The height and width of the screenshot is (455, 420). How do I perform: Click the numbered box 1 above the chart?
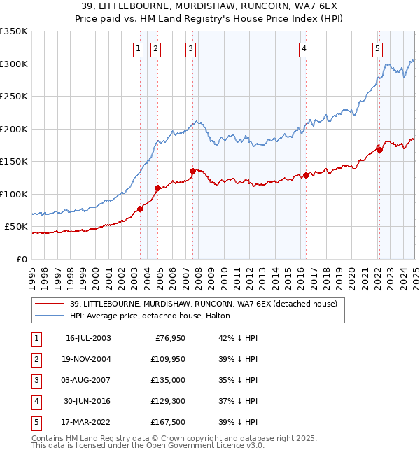click(x=137, y=48)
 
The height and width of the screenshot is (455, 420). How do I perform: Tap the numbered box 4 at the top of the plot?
click(x=304, y=48)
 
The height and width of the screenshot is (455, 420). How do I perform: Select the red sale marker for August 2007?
click(x=192, y=171)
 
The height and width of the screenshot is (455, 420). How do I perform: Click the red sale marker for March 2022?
click(x=379, y=149)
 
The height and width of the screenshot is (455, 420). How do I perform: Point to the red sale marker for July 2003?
click(x=140, y=209)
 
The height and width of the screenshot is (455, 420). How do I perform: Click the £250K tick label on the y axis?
click(x=14, y=97)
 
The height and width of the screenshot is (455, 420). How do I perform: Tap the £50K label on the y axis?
click(x=17, y=227)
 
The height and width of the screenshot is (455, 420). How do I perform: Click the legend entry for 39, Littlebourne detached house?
click(x=204, y=304)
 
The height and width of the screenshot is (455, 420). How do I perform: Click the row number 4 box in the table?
click(x=35, y=401)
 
